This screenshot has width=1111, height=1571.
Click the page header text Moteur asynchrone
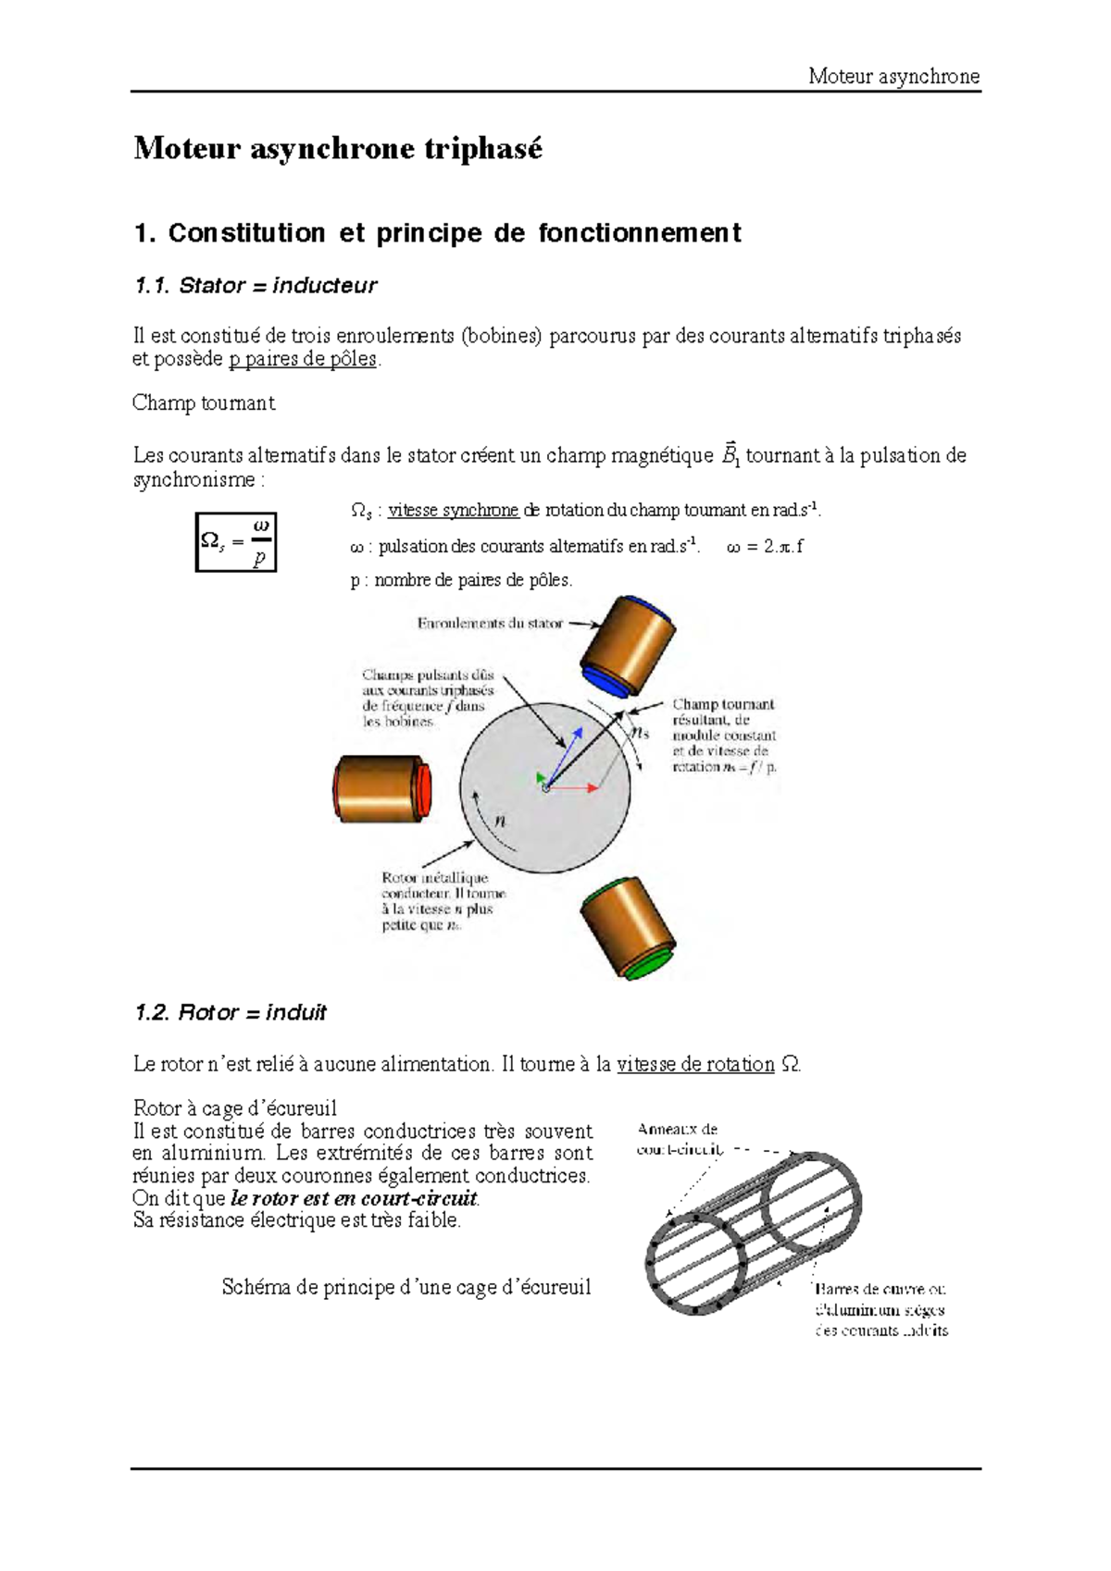[893, 77]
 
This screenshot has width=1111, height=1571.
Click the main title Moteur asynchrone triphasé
[338, 149]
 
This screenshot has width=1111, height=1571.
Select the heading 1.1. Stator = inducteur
[256, 286]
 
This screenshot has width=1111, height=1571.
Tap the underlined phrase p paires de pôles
[303, 359]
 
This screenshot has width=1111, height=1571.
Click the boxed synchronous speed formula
[236, 542]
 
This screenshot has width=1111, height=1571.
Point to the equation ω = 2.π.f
[765, 547]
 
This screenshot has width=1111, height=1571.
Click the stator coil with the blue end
[628, 647]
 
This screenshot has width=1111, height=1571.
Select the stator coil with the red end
[381, 788]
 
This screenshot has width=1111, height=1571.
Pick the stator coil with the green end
[630, 928]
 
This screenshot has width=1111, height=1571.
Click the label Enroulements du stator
[490, 624]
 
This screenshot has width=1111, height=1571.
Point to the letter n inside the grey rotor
[501, 821]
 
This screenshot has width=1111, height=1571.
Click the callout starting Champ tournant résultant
[723, 736]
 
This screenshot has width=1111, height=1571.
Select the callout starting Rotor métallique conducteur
[443, 901]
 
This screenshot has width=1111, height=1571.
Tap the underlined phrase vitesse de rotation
[695, 1065]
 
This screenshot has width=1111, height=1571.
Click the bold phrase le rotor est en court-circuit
[355, 1199]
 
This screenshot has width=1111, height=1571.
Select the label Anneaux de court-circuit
[678, 1139]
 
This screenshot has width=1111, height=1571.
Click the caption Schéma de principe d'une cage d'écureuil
[406, 1288]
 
